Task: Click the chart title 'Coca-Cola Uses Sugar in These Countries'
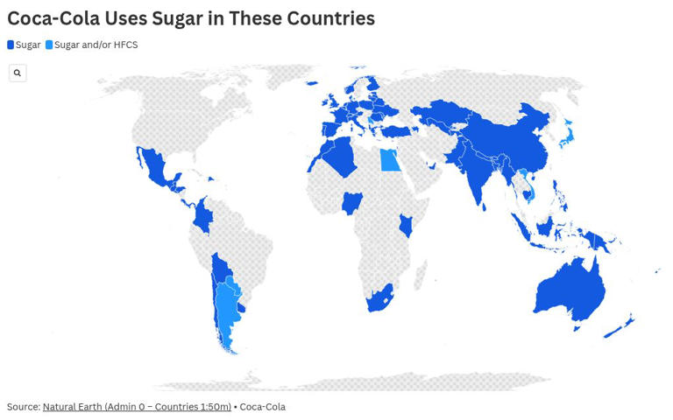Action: click(191, 18)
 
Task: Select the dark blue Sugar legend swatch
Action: click(11, 45)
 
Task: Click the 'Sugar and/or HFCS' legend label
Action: click(96, 45)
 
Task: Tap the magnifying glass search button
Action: click(18, 73)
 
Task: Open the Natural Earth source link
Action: click(137, 407)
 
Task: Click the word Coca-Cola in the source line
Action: click(262, 407)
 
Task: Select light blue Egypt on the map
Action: click(389, 160)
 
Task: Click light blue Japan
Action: click(568, 136)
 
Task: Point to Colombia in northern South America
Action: click(204, 214)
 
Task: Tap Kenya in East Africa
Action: click(406, 225)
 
